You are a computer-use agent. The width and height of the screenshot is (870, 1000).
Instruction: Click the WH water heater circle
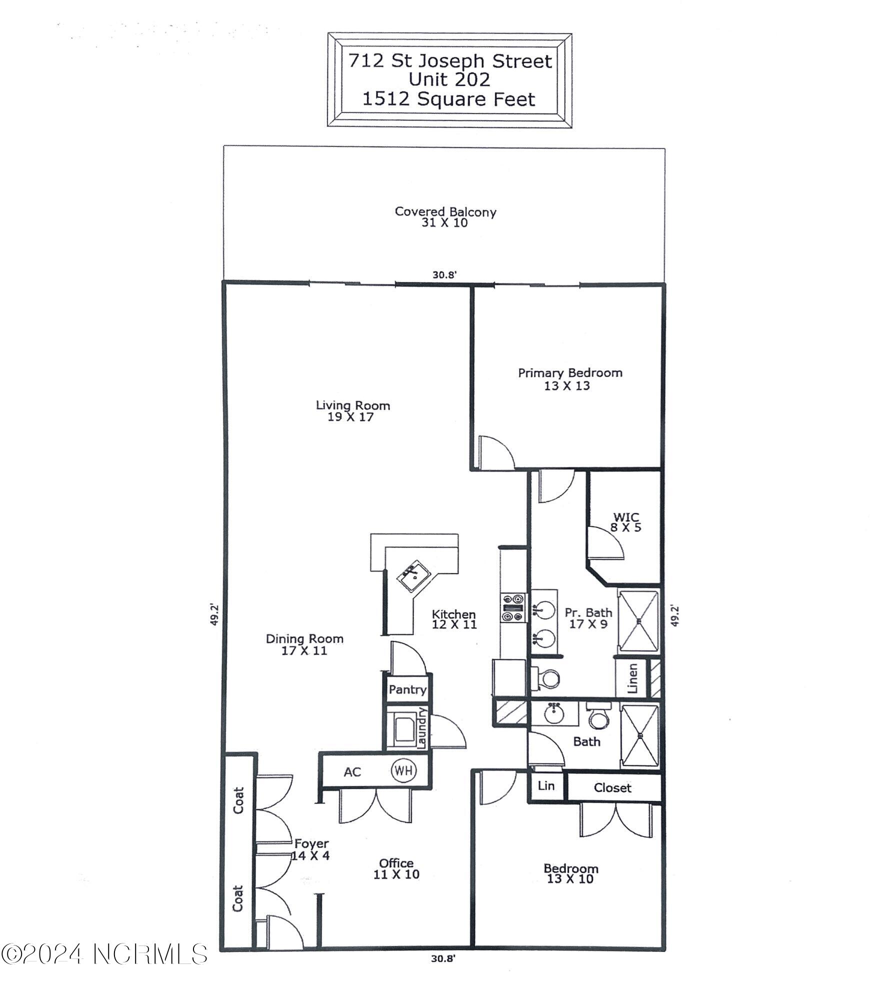click(x=403, y=770)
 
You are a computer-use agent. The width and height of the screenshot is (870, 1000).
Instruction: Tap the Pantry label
click(x=407, y=690)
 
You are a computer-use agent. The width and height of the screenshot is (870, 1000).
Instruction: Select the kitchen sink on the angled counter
click(x=414, y=576)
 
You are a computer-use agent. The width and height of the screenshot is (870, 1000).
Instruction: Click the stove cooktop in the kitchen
click(x=513, y=607)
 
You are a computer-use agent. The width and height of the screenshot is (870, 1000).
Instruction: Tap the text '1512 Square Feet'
click(x=448, y=99)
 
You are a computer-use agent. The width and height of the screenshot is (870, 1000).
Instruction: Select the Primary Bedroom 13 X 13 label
click(x=569, y=379)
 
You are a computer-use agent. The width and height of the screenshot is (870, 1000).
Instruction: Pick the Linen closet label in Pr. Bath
click(x=632, y=678)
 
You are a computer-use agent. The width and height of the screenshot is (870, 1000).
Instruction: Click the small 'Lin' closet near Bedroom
click(x=546, y=785)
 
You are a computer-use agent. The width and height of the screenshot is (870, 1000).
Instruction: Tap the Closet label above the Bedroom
click(x=612, y=788)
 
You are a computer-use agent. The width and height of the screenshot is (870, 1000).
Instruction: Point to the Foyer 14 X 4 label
click(x=311, y=849)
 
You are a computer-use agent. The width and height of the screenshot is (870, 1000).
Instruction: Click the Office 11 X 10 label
click(x=396, y=868)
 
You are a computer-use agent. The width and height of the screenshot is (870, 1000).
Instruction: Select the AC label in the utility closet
click(x=352, y=772)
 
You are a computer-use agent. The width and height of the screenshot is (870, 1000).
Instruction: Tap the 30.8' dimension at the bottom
click(x=443, y=958)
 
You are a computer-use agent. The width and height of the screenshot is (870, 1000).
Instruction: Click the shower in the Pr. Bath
click(x=638, y=621)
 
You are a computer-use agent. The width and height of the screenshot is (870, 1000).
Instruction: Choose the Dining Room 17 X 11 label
click(x=304, y=644)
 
